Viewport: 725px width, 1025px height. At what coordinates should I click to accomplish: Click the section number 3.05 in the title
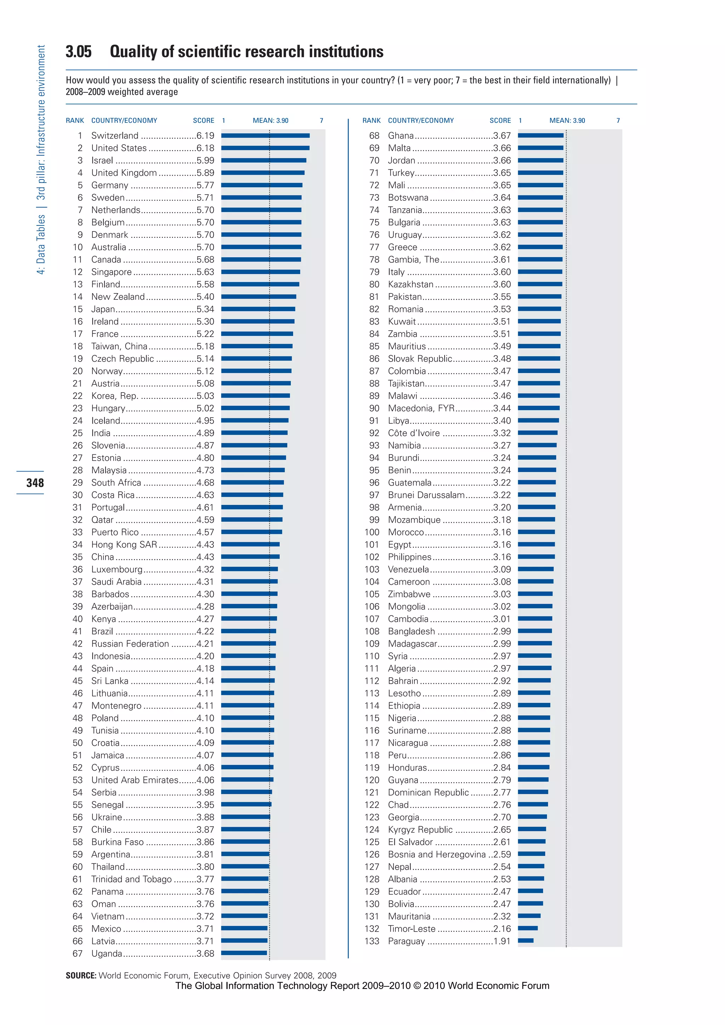(x=79, y=52)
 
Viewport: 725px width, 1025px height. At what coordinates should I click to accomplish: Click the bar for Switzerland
(x=265, y=136)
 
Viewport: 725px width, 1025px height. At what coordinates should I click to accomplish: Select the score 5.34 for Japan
(x=205, y=309)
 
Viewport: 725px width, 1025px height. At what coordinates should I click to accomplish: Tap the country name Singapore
(x=111, y=272)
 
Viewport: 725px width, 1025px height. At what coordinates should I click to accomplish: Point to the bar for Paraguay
(x=525, y=941)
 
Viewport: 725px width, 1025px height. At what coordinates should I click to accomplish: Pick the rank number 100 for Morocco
(x=371, y=532)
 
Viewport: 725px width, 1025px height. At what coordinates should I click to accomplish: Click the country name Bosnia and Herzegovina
(x=436, y=854)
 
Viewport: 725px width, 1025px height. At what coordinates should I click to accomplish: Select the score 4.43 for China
(x=205, y=557)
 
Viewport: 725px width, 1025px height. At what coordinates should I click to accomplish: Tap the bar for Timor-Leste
(x=528, y=928)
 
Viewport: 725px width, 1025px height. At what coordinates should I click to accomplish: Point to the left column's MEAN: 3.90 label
(x=270, y=121)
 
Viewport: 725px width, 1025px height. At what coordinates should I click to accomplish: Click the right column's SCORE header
(x=500, y=121)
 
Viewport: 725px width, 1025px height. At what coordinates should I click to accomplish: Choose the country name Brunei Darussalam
(x=426, y=495)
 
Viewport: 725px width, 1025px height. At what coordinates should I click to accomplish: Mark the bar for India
(x=254, y=433)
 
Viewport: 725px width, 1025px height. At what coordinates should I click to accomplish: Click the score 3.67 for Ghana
(x=502, y=136)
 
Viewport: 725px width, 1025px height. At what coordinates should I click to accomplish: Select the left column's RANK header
(x=75, y=121)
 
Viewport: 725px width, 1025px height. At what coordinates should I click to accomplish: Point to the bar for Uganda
(x=244, y=953)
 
